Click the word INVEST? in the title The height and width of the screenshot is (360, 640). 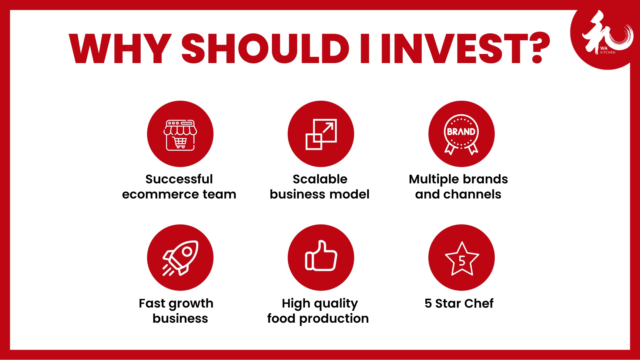coord(466,48)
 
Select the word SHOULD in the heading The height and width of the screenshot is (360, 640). coord(265,49)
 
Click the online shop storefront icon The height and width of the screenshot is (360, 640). coord(180,135)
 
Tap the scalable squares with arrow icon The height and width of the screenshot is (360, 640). coord(321,134)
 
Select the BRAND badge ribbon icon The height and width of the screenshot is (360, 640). coord(461,134)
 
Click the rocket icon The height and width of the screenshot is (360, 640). coord(180,258)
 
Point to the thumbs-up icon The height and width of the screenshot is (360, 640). coord(321,255)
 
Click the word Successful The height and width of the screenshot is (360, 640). coord(179,179)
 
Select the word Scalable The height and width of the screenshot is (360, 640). coord(320,179)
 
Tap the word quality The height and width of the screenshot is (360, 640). coord(336,304)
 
